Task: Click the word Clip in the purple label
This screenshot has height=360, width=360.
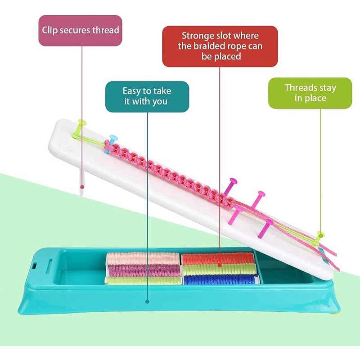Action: click(50, 31)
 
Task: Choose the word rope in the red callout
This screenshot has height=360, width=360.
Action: click(237, 47)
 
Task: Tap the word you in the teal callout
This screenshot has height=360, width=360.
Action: click(159, 102)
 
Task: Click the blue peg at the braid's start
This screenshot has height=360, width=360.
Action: click(111, 144)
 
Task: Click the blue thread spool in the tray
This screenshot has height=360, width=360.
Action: click(220, 279)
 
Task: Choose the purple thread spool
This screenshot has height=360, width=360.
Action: click(144, 270)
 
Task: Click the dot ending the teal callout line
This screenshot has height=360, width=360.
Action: click(148, 301)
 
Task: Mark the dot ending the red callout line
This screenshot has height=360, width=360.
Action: click(220, 265)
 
